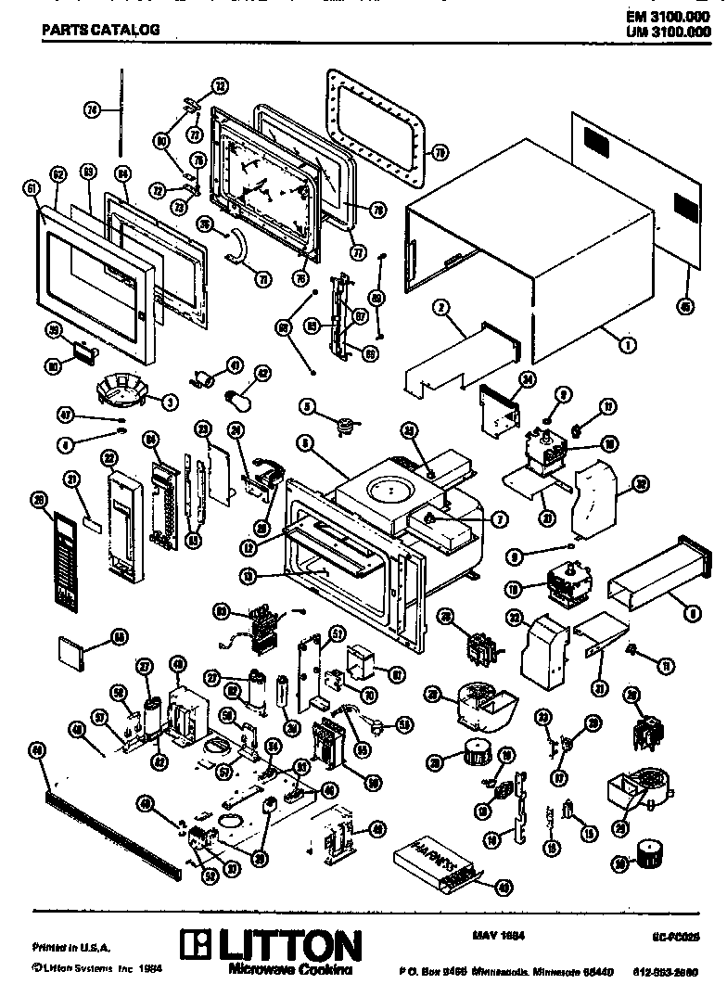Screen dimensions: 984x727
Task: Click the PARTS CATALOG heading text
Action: pyautogui.click(x=100, y=30)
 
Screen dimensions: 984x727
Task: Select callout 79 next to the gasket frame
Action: pyautogui.click(x=440, y=150)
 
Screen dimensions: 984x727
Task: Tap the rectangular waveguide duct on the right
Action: pyautogui.click(x=659, y=580)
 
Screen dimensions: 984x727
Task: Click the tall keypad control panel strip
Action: pyautogui.click(x=63, y=556)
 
